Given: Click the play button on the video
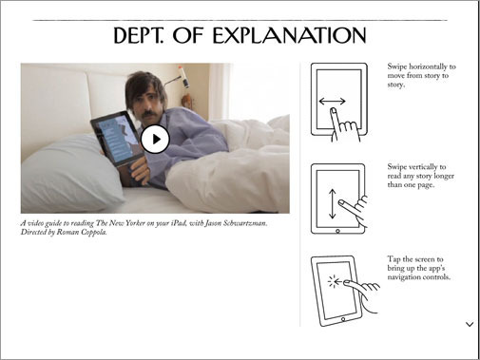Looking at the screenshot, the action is pos(155,139).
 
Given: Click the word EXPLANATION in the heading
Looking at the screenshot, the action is pos(290,35).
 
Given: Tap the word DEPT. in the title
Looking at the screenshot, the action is pos(139,35).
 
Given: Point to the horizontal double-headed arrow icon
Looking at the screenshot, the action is pos(332,102).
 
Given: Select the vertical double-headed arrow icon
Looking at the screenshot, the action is pos(332,204).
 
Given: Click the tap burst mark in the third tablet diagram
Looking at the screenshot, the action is pos(333,281).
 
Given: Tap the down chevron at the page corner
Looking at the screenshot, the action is pos(470,324).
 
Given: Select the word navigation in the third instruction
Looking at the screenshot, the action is pos(403,277).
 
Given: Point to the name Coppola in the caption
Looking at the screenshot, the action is pos(93,232).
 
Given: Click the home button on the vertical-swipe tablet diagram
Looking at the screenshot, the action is pos(337,231).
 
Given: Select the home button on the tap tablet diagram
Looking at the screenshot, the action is pos(343,319).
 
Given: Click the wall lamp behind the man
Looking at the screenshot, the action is pos(182,77).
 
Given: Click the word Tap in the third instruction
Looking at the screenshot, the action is pos(394,259).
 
